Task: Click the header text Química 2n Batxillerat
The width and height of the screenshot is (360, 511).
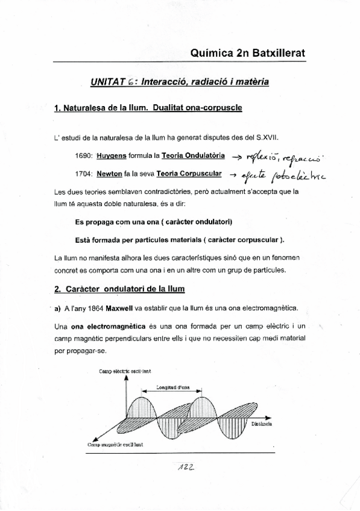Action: [x=247, y=53]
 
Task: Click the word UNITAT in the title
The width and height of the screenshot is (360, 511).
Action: [x=107, y=81]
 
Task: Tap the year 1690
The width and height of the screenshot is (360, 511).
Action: [x=84, y=155]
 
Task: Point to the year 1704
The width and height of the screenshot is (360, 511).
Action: [x=84, y=175]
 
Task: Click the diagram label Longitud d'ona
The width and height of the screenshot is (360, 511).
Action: [x=173, y=387]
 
